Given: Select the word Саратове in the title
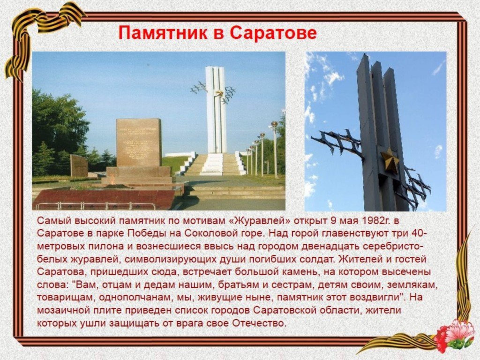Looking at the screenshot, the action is point(273,33).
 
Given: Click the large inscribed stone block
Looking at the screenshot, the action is point(139,142).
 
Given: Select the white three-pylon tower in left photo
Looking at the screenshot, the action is point(216,110).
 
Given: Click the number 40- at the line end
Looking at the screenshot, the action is point(419,233).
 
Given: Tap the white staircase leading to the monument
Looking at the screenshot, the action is point(212,165).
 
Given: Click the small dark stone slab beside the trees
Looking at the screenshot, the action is point(79,166).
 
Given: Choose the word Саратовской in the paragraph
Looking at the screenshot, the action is point(285,310).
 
